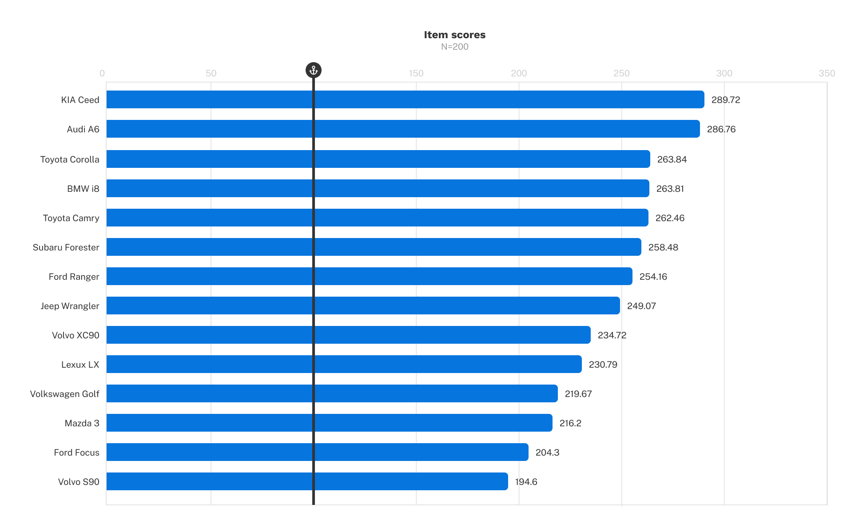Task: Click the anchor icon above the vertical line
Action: pos(314,70)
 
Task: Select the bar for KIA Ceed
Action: pos(405,99)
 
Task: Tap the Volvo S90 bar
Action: pos(307,481)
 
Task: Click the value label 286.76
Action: pos(721,129)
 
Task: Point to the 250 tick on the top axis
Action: pos(621,73)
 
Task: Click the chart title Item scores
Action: pos(454,35)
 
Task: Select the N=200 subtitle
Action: pos(454,47)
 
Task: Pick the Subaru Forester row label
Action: pos(66,247)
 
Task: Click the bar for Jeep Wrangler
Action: pos(363,306)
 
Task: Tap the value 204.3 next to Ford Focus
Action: pos(547,453)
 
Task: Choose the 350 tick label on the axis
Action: pos(827,73)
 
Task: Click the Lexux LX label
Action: pos(80,365)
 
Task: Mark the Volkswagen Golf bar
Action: pos(332,393)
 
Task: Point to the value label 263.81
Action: pos(670,189)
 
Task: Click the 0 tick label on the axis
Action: pos(102,73)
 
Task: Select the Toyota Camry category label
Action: pos(71,218)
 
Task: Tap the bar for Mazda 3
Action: pos(329,423)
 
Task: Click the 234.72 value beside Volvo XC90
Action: pos(612,335)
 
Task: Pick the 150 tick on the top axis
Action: pos(416,73)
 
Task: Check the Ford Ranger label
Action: pos(74,277)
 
